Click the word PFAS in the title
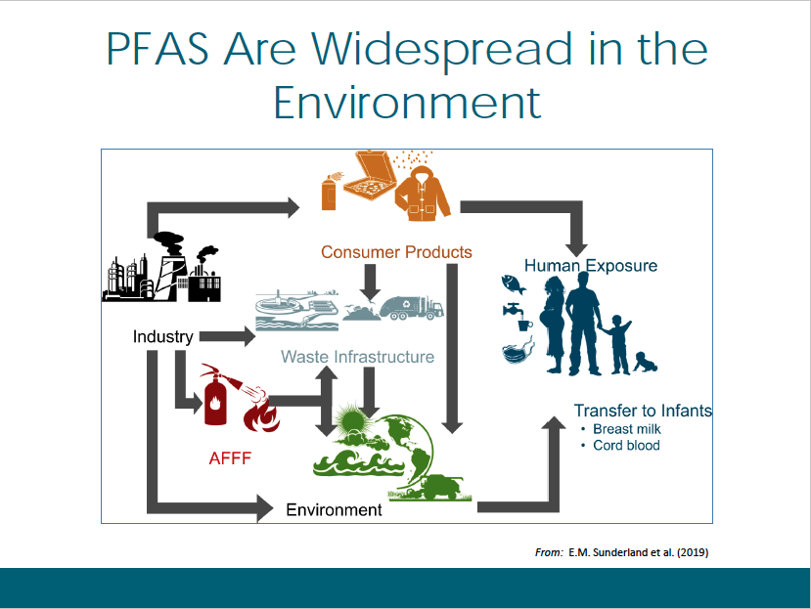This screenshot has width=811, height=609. point(158,49)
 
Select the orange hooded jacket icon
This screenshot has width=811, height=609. point(423,194)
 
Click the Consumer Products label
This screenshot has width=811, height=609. point(396,252)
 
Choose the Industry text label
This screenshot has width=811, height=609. point(163,336)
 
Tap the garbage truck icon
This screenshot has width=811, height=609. point(412,308)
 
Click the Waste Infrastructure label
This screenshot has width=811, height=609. point(357,357)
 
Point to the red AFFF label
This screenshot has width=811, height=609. point(230,458)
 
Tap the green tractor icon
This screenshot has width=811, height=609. point(439,487)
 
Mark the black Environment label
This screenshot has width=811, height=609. point(334,509)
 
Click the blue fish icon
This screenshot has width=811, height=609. point(513,283)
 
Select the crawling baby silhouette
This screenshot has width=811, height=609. point(646,363)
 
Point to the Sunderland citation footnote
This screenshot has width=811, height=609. point(621,552)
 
